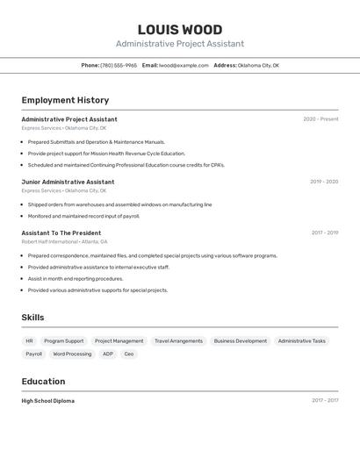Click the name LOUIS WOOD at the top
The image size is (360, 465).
[180, 30]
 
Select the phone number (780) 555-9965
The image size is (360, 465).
[119, 65]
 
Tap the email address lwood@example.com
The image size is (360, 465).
[184, 65]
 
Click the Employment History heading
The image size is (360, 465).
[65, 100]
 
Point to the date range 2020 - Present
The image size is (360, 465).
[320, 119]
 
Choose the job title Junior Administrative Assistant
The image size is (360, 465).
[68, 182]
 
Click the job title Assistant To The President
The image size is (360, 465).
[61, 232]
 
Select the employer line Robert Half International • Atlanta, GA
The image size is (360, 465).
[64, 241]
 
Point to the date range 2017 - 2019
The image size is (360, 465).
[325, 232]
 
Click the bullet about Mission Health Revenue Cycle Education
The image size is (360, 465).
[106, 153]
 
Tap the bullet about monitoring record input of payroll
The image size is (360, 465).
[83, 216]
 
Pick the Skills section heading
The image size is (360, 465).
[32, 318]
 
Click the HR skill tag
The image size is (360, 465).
[29, 340]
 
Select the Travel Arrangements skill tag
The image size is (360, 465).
[178, 340]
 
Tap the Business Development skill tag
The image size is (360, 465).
[241, 340]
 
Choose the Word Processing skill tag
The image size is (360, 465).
[72, 354]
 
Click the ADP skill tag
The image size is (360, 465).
[107, 354]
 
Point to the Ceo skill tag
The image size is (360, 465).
[129, 354]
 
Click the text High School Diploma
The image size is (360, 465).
[47, 401]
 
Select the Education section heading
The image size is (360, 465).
[43, 382]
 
